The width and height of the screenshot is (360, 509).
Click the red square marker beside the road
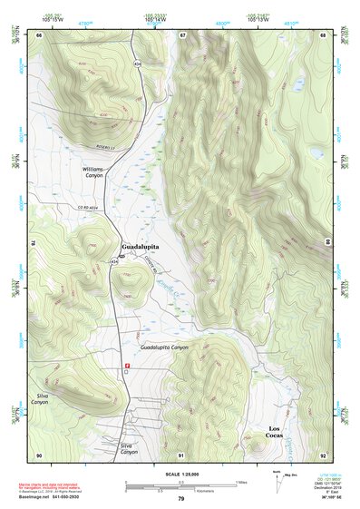126,366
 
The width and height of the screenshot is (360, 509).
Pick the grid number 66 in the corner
40,34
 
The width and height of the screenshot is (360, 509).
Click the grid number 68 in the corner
322,34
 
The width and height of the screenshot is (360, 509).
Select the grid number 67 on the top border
182,34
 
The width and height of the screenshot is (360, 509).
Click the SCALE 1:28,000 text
180,475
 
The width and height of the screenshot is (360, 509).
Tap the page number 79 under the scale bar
180,499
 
